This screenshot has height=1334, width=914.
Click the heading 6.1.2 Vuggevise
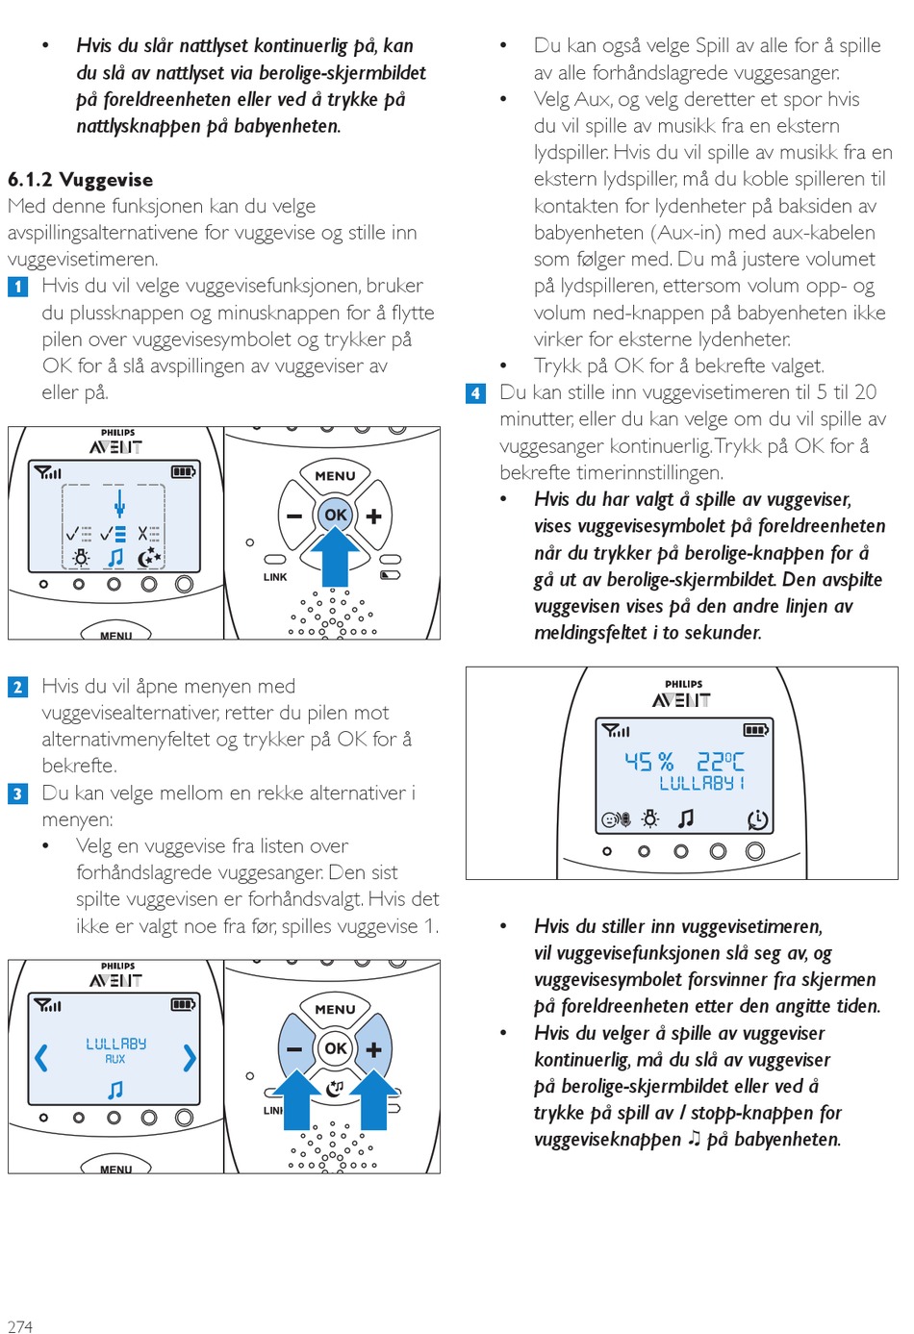tap(80, 180)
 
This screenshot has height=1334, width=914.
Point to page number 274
tap(20, 1326)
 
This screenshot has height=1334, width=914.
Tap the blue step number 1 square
tap(17, 287)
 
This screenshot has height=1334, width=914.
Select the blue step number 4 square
tap(475, 393)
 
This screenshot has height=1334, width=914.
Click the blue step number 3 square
tap(17, 793)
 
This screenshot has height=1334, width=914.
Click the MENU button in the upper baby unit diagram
tap(335, 475)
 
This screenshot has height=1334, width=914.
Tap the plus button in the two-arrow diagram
tap(374, 1049)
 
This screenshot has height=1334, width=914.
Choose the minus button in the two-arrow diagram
tap(293, 1049)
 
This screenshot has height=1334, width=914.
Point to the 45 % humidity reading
tap(648, 762)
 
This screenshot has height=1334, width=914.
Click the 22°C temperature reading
tap(720, 762)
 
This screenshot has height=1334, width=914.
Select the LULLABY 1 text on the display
tap(701, 784)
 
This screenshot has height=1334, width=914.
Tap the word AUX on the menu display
tap(115, 1059)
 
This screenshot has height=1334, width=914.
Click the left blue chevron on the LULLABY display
tap(41, 1058)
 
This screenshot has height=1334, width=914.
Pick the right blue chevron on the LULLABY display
tap(190, 1058)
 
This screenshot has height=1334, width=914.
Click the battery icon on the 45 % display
tap(756, 731)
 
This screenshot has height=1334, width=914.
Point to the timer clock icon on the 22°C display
tap(758, 819)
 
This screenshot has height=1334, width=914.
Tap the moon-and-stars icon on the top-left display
tap(150, 558)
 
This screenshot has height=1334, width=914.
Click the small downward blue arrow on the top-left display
tap(119, 504)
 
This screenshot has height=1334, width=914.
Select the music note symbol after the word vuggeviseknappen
tap(695, 1139)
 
